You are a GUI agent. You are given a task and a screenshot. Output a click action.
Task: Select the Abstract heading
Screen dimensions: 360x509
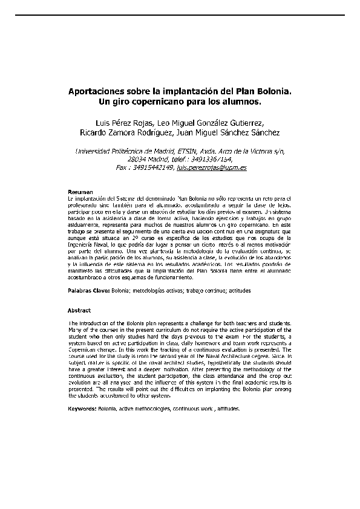click(79, 310)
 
